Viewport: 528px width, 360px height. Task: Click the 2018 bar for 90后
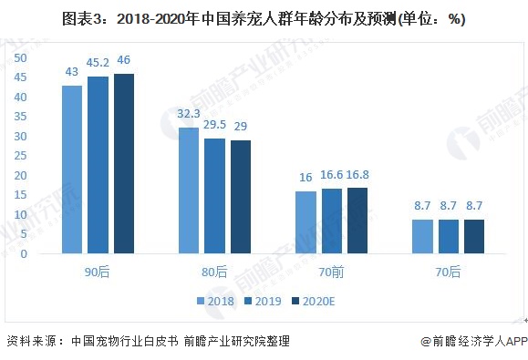click(x=72, y=170)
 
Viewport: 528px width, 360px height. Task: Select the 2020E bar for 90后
click(x=124, y=164)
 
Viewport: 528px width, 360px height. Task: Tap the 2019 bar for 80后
click(x=214, y=196)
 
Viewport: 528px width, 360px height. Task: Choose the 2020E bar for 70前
click(x=357, y=221)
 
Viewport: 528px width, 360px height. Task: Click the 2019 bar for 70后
click(x=448, y=236)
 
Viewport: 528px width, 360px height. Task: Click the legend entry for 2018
click(x=215, y=301)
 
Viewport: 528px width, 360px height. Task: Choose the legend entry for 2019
click(x=263, y=301)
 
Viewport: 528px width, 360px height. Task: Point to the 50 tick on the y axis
click(x=21, y=57)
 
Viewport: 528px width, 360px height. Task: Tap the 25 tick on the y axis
click(x=21, y=155)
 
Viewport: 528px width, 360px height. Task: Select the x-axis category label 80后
click(x=214, y=272)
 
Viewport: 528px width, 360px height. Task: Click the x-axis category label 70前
click(x=332, y=272)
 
